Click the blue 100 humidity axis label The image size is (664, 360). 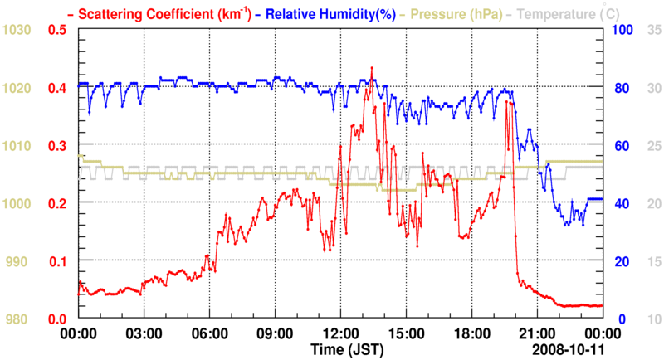(622, 31)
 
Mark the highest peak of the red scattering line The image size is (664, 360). (372, 68)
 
